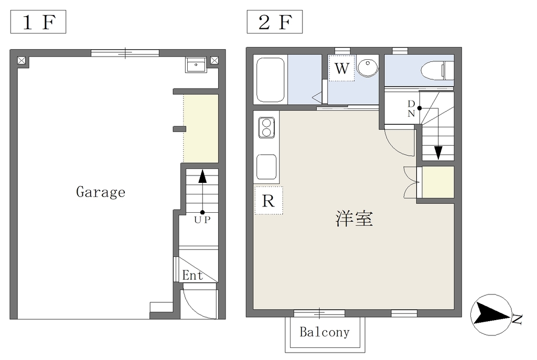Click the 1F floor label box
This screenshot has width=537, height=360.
[x=38, y=22]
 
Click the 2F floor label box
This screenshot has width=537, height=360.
[x=275, y=22]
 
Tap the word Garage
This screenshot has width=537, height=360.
[x=101, y=192]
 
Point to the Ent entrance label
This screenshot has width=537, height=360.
[x=192, y=275]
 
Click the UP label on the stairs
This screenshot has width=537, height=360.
[x=202, y=220]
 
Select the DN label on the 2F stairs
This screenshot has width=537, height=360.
[x=411, y=109]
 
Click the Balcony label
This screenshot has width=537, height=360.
[x=325, y=332]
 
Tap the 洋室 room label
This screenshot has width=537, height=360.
[x=354, y=219]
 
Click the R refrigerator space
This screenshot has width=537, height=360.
[x=268, y=201]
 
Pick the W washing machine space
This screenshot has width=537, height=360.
[x=341, y=68]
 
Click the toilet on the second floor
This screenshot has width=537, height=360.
[x=437, y=70]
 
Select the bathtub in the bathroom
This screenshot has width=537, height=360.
[x=270, y=80]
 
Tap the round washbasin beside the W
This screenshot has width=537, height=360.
[x=368, y=67]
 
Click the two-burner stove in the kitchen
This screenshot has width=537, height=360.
[x=266, y=127]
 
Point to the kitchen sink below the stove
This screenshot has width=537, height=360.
[x=266, y=167]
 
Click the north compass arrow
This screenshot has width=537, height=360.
[x=491, y=315]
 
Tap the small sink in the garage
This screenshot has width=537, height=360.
[x=196, y=64]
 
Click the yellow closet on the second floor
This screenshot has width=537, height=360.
[x=438, y=182]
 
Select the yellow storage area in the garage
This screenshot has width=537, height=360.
[x=201, y=128]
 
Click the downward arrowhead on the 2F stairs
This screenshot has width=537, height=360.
[x=438, y=153]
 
